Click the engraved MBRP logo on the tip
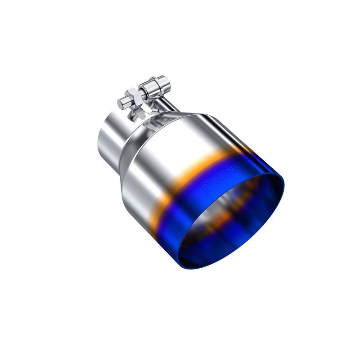click(x=220, y=180)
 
